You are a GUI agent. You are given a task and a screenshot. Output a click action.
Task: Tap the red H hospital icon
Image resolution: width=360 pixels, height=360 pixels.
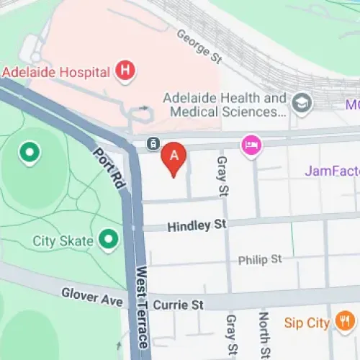[x=127, y=71]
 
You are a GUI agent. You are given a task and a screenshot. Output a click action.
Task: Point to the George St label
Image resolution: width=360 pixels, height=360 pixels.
[x=194, y=45]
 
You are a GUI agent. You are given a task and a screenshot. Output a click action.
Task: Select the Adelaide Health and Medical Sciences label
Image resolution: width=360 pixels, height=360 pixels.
[x=225, y=105]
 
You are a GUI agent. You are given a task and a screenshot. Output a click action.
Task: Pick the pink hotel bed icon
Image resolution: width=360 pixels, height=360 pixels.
[x=251, y=144]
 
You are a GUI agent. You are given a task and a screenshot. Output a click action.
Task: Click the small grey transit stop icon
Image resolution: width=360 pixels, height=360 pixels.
[x=153, y=144]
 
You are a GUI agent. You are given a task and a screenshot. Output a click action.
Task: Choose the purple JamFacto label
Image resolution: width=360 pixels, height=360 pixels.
[x=332, y=171]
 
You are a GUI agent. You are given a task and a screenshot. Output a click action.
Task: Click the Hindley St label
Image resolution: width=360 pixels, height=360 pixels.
[x=197, y=226]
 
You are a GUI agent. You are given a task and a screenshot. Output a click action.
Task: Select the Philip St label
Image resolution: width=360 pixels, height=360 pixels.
[x=260, y=259]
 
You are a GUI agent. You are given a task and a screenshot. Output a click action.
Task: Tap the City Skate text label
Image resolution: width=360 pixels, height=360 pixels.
[x=63, y=240]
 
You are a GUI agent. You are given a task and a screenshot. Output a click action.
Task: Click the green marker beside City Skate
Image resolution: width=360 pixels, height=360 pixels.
[x=108, y=237]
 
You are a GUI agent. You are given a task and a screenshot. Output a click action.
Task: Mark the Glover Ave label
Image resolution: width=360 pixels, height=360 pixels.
[x=92, y=296]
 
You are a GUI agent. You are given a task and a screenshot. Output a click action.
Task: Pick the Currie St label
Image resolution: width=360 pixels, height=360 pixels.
[x=178, y=305]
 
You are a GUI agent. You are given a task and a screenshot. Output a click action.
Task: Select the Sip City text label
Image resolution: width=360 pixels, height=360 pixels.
[x=306, y=322]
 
